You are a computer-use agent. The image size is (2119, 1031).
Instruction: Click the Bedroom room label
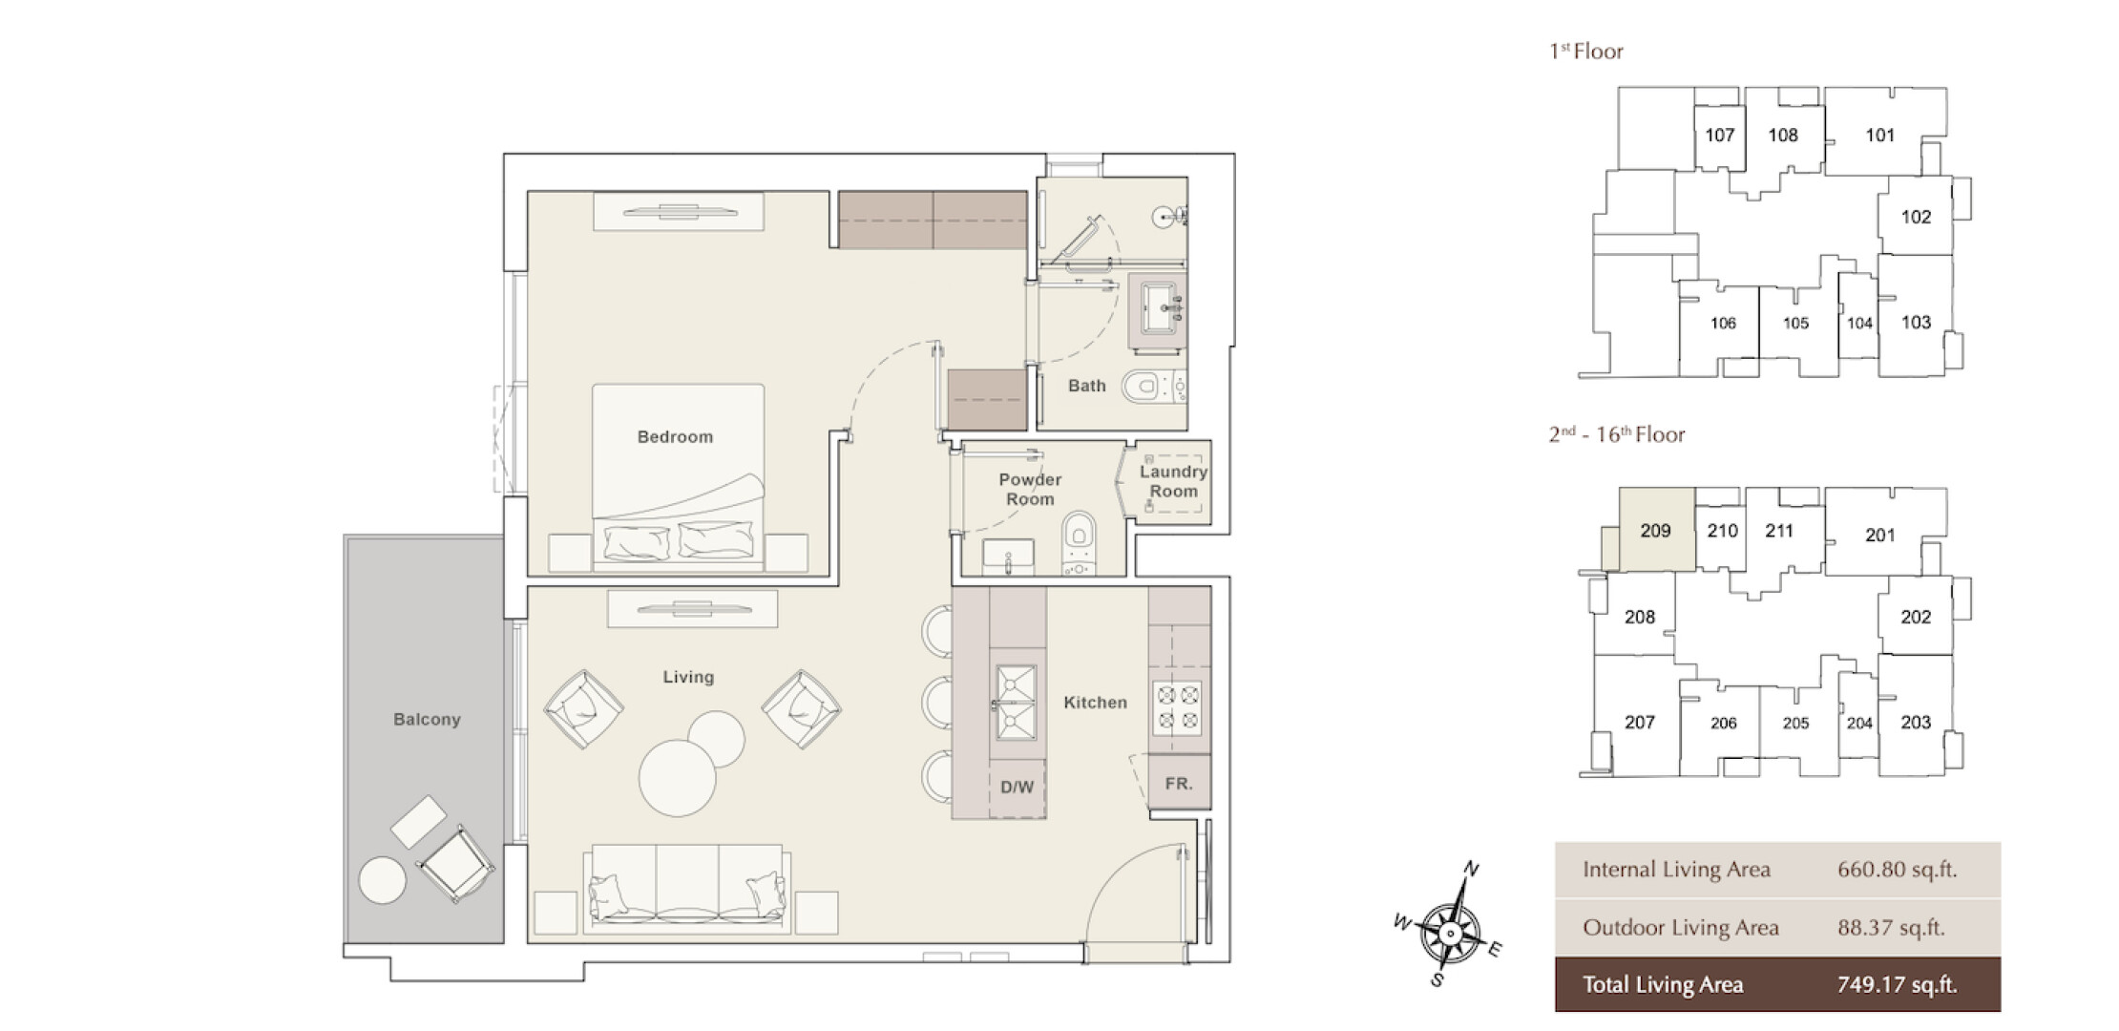(675, 437)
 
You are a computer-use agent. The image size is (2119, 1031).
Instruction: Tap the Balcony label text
(427, 720)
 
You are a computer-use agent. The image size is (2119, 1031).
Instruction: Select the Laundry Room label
(1173, 481)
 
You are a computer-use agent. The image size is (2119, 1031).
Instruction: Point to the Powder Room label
(1030, 489)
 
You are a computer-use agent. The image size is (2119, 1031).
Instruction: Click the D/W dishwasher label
(1017, 788)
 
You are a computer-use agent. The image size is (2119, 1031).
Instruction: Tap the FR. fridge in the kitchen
(1179, 784)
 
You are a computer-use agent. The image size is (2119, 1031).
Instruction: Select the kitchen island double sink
(1017, 704)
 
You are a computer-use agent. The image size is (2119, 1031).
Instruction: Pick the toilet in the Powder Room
(1079, 542)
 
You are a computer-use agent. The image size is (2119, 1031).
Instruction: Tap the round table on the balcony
(382, 880)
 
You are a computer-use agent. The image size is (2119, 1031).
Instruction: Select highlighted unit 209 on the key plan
(1656, 530)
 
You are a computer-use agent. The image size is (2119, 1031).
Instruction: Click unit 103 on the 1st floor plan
(1916, 322)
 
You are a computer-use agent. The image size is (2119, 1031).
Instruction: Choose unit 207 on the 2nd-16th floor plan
(1639, 723)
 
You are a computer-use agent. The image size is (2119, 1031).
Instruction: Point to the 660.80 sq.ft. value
(1898, 870)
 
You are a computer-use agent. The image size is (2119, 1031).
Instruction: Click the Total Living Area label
(1663, 985)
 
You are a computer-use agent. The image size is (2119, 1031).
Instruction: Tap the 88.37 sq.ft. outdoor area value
(1891, 928)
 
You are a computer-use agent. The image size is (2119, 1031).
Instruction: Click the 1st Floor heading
(1585, 52)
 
